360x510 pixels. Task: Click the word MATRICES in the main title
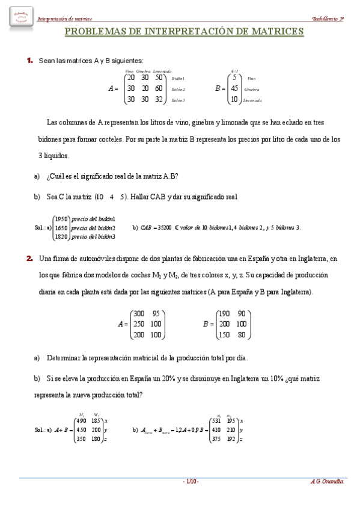pos(274,31)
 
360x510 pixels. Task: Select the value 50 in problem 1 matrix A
pos(159,78)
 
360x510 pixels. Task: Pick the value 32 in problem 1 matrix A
pos(159,99)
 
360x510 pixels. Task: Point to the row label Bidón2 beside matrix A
pos(178,89)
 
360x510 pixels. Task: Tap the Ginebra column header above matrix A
pos(144,70)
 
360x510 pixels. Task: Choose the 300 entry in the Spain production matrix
pos(139,313)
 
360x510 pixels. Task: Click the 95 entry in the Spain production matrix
pos(156,313)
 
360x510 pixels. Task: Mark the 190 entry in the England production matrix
pos(224,313)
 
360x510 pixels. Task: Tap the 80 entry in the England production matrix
pos(241,335)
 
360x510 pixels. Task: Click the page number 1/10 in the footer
pos(191,482)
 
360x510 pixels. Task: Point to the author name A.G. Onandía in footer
pos(327,482)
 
